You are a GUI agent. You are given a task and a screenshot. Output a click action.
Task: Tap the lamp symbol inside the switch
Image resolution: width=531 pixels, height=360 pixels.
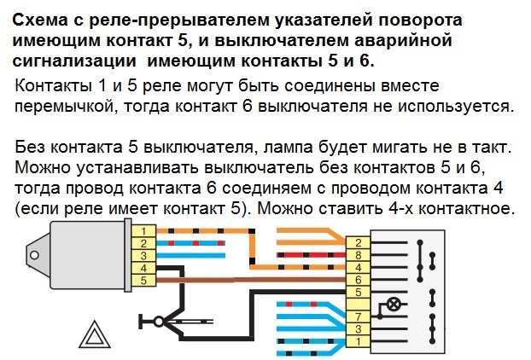[x=393, y=305]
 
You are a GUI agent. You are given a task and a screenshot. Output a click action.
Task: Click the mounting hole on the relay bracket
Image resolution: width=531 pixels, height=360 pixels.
[x=34, y=255]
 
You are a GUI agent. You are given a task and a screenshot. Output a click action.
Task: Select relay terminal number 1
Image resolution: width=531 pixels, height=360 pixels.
[x=143, y=231]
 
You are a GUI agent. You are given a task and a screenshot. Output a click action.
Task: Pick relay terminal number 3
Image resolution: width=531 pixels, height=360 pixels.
[x=143, y=256]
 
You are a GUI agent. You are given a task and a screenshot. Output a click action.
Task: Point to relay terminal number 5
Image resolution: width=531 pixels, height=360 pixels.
[x=143, y=281]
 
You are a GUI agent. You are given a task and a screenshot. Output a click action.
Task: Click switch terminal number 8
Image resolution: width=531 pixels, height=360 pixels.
[x=359, y=255]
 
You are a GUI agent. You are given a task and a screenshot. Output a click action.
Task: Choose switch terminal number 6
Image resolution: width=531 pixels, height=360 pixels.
[x=359, y=280]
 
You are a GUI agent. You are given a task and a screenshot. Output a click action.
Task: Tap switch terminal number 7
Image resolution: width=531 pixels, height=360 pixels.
[x=359, y=317]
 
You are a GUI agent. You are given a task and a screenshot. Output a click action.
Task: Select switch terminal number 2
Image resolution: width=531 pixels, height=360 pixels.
[x=359, y=242]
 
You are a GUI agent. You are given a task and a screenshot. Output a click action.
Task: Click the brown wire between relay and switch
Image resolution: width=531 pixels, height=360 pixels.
[x=251, y=280]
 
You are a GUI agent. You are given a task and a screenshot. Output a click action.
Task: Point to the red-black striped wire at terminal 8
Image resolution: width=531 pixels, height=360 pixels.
[x=312, y=255]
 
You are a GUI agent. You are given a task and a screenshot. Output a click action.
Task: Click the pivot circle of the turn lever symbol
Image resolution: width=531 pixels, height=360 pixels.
[x=159, y=321]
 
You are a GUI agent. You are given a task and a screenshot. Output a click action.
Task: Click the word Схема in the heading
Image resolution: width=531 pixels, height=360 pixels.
[x=39, y=20]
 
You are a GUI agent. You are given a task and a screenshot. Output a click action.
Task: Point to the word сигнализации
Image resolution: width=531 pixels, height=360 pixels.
[x=74, y=61]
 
